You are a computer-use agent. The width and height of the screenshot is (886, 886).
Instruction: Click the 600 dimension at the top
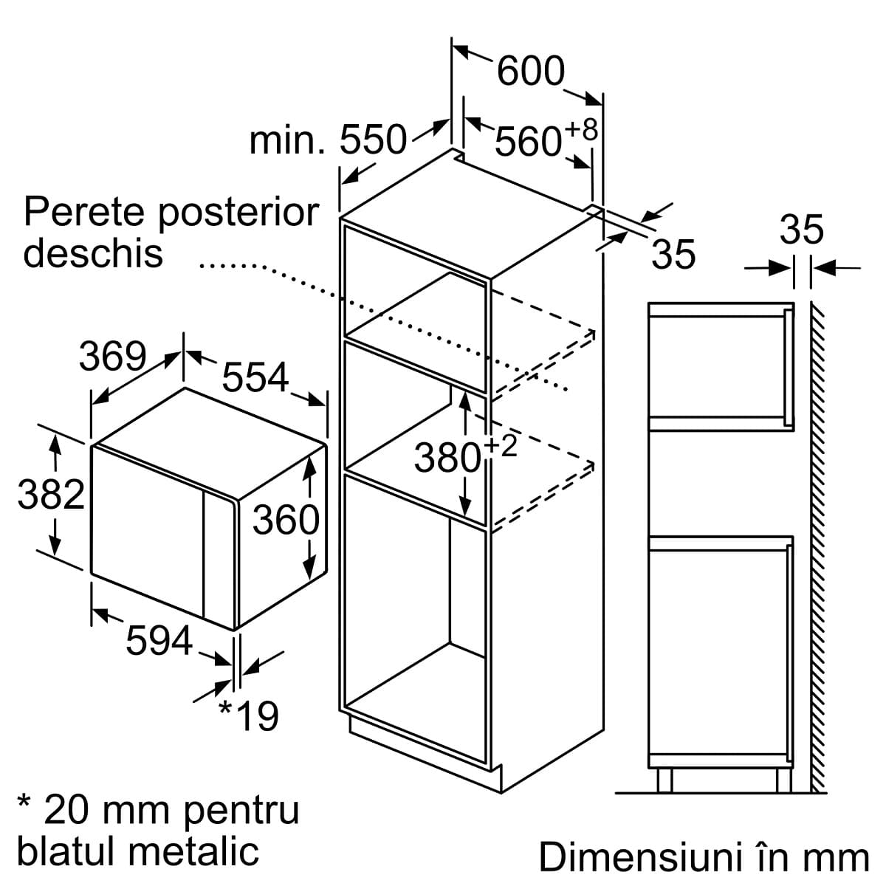(531, 71)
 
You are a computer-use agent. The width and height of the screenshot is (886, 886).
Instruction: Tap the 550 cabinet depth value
(374, 140)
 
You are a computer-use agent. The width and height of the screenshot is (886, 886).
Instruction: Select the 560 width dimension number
(529, 142)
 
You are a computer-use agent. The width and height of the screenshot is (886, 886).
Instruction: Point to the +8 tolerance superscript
(582, 129)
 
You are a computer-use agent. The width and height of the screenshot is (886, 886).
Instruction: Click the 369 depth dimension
(113, 356)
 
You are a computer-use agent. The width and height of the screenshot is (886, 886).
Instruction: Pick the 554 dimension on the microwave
(255, 377)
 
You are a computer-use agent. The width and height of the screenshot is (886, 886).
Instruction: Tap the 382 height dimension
(51, 494)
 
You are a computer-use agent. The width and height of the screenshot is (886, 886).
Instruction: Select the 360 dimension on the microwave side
(286, 519)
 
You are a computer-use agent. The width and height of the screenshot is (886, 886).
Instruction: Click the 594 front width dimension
(159, 640)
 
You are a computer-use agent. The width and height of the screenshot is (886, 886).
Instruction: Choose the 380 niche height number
(448, 458)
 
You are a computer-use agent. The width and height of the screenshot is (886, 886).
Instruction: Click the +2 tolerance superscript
(501, 447)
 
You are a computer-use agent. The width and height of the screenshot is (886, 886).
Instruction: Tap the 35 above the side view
(801, 230)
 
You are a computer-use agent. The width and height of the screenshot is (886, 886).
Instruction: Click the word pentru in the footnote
(241, 812)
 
